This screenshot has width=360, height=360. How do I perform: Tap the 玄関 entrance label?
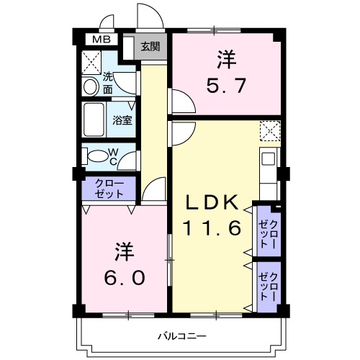pos(150,47)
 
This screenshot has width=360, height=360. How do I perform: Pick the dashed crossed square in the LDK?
pos(269,131)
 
